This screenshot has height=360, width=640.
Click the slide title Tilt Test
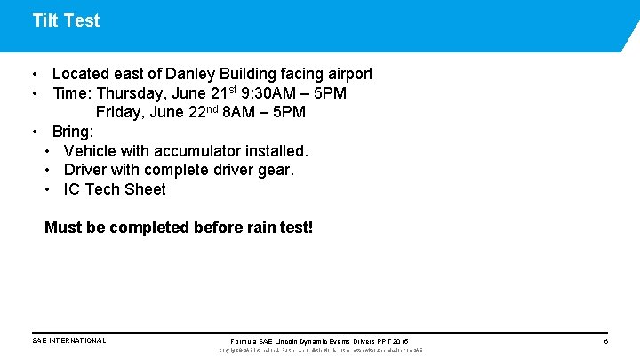point(66,20)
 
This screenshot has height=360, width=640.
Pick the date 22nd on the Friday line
point(201,112)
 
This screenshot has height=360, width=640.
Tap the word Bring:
point(73,132)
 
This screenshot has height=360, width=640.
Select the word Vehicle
point(92,151)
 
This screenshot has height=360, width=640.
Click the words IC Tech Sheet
point(115,188)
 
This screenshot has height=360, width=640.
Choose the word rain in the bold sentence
point(258,228)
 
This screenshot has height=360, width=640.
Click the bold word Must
point(62,228)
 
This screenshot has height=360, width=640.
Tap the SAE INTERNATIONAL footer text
point(69,340)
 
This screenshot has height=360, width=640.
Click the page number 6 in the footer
point(605,341)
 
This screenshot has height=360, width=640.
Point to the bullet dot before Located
point(33,75)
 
